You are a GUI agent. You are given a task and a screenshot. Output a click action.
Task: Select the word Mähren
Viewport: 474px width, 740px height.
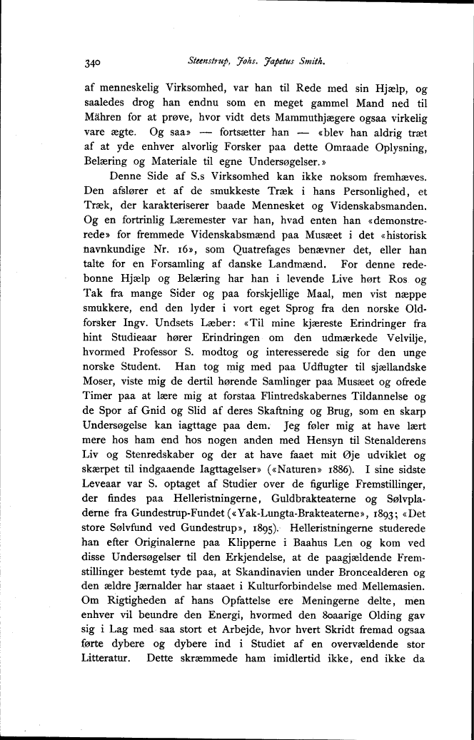[x=104, y=118]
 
